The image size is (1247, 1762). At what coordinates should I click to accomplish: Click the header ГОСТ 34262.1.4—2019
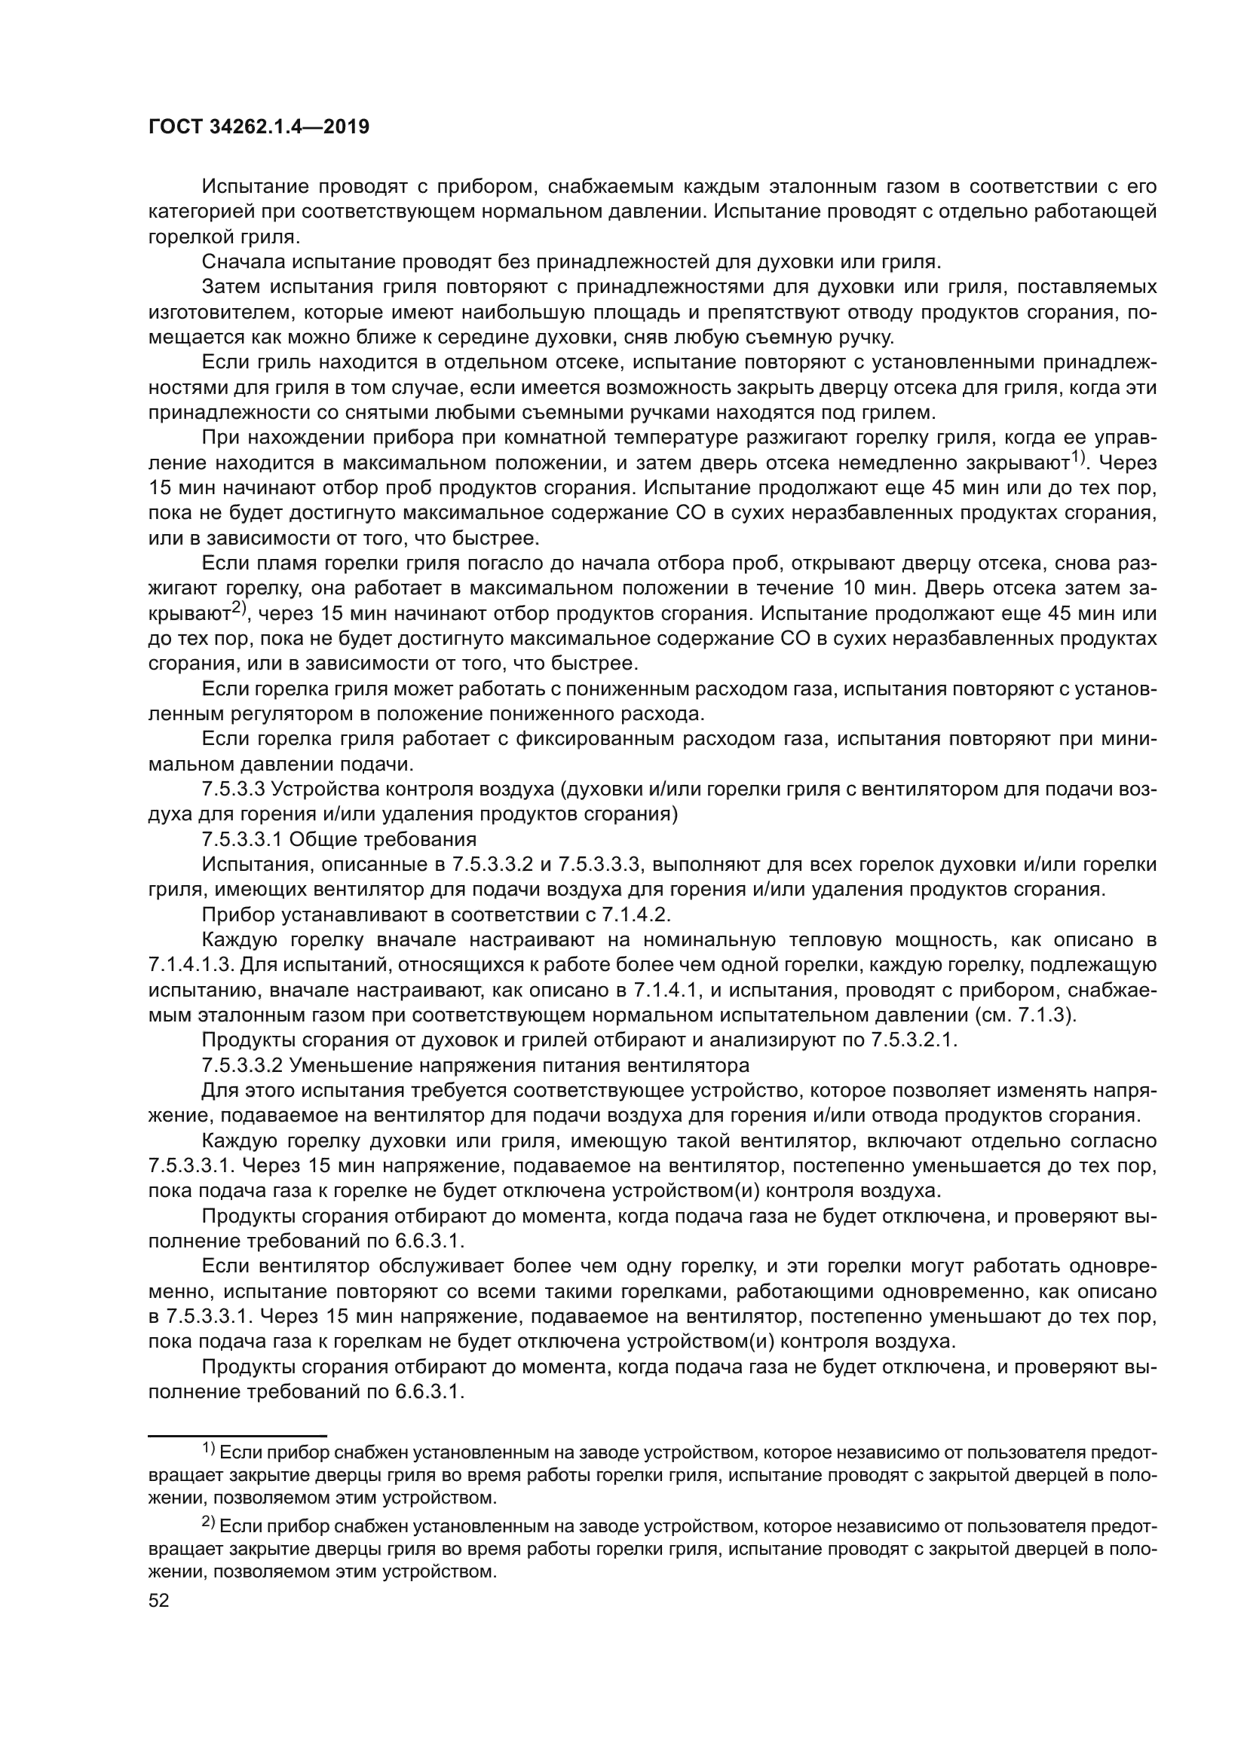[x=258, y=127]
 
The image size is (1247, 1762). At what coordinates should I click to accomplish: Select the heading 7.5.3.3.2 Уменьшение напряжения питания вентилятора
[x=475, y=1066]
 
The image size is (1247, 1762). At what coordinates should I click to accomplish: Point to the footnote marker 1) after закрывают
[x=1078, y=459]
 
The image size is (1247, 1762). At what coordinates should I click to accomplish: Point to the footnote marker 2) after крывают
[x=239, y=609]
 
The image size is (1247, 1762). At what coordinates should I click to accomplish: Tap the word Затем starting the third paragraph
[x=229, y=287]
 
